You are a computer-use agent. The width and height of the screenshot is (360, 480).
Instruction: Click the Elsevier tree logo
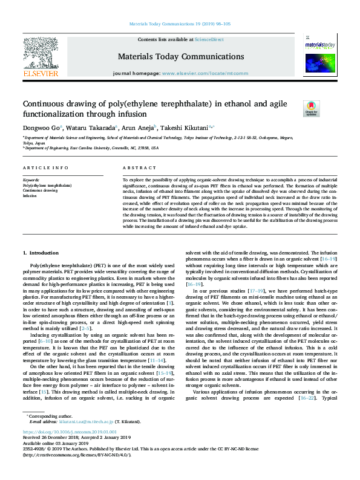click(40, 58)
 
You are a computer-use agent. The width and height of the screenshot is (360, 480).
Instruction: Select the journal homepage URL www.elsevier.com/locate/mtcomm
click(205, 73)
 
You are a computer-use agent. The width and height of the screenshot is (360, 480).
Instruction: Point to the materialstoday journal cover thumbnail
click(320, 57)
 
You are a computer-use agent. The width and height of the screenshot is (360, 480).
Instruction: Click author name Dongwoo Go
click(39, 128)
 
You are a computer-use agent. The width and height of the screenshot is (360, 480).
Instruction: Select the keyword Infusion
click(30, 196)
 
